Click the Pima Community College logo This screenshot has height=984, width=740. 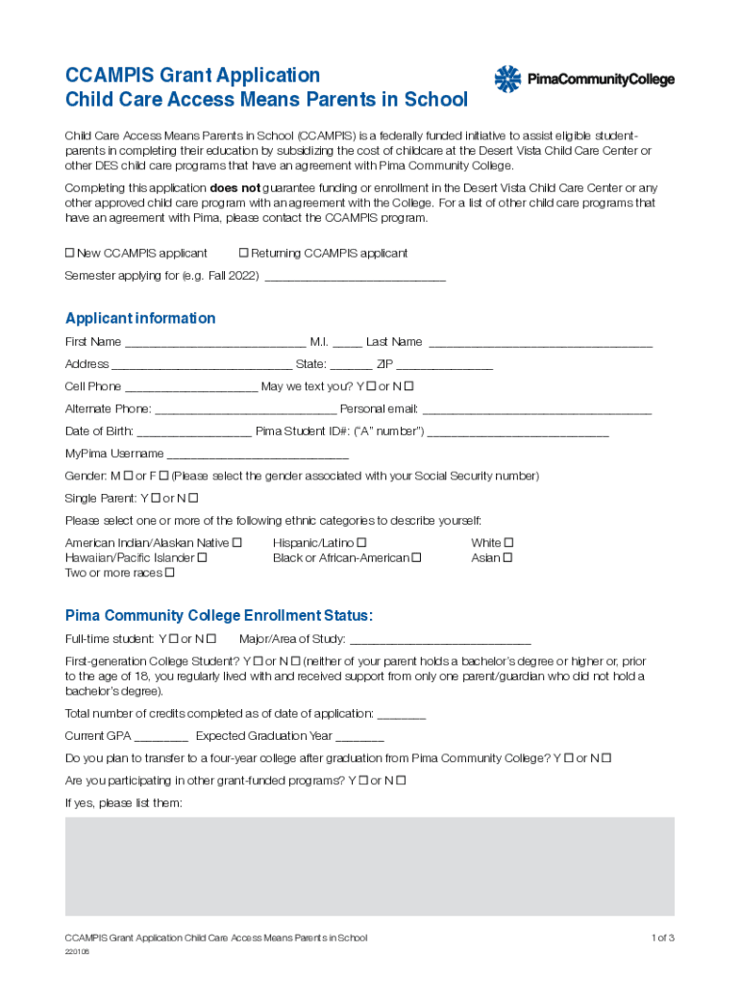click(x=583, y=80)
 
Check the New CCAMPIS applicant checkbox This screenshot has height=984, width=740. click(x=69, y=253)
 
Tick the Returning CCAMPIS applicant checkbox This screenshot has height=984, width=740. click(x=243, y=253)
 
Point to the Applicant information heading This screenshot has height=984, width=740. click(x=140, y=318)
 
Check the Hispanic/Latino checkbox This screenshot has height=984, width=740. click(x=361, y=543)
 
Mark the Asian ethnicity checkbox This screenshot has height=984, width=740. click(x=507, y=557)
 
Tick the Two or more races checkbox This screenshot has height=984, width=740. click(x=170, y=573)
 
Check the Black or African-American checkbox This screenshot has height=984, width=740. click(x=416, y=557)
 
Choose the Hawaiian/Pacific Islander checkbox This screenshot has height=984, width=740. click(x=202, y=557)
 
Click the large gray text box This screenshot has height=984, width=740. click(x=369, y=866)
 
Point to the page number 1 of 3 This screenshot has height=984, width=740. click(x=662, y=937)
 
